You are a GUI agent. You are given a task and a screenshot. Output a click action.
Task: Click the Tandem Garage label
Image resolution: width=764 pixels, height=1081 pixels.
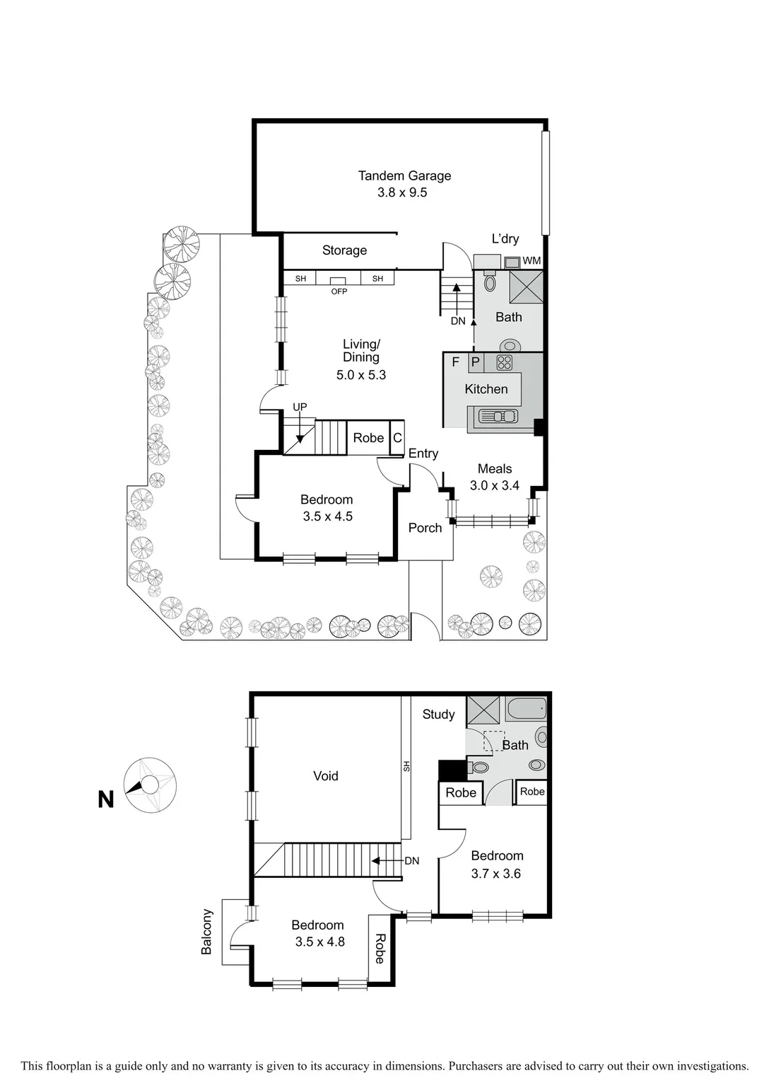404,175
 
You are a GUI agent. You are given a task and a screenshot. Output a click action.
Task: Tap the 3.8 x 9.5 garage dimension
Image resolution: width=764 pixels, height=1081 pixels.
402,192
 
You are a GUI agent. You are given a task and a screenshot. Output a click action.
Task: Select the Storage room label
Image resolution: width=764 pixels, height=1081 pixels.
344,250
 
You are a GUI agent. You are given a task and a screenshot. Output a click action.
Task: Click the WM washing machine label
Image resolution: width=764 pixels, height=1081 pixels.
531,261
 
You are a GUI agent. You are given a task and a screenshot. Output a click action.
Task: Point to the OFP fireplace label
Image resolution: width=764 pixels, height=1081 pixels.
339,291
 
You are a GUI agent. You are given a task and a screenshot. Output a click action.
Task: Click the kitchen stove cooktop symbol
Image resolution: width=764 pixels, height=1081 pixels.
504,363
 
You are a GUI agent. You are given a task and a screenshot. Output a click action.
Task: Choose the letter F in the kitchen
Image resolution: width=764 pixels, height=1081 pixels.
455,362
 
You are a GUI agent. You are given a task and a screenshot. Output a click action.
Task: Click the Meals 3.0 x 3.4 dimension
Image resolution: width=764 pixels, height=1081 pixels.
495,486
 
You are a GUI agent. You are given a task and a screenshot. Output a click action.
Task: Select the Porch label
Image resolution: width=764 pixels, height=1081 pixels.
425,528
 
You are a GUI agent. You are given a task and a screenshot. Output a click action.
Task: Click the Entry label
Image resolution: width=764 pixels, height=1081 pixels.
423,453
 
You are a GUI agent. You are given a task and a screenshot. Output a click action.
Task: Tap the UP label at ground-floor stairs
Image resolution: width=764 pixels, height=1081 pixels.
300,407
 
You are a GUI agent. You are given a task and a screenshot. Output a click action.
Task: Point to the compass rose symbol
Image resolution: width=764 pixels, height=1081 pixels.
151,785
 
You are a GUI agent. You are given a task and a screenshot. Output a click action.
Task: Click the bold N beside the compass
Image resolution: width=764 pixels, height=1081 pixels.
106,799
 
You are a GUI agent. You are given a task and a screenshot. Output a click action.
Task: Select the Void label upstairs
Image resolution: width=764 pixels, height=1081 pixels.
326,776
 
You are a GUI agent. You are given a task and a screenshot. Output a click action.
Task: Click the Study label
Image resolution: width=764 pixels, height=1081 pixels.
438,715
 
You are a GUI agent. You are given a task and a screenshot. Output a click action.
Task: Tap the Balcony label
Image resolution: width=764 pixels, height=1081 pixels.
206,932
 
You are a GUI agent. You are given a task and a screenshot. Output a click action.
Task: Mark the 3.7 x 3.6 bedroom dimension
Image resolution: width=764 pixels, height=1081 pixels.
496,874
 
